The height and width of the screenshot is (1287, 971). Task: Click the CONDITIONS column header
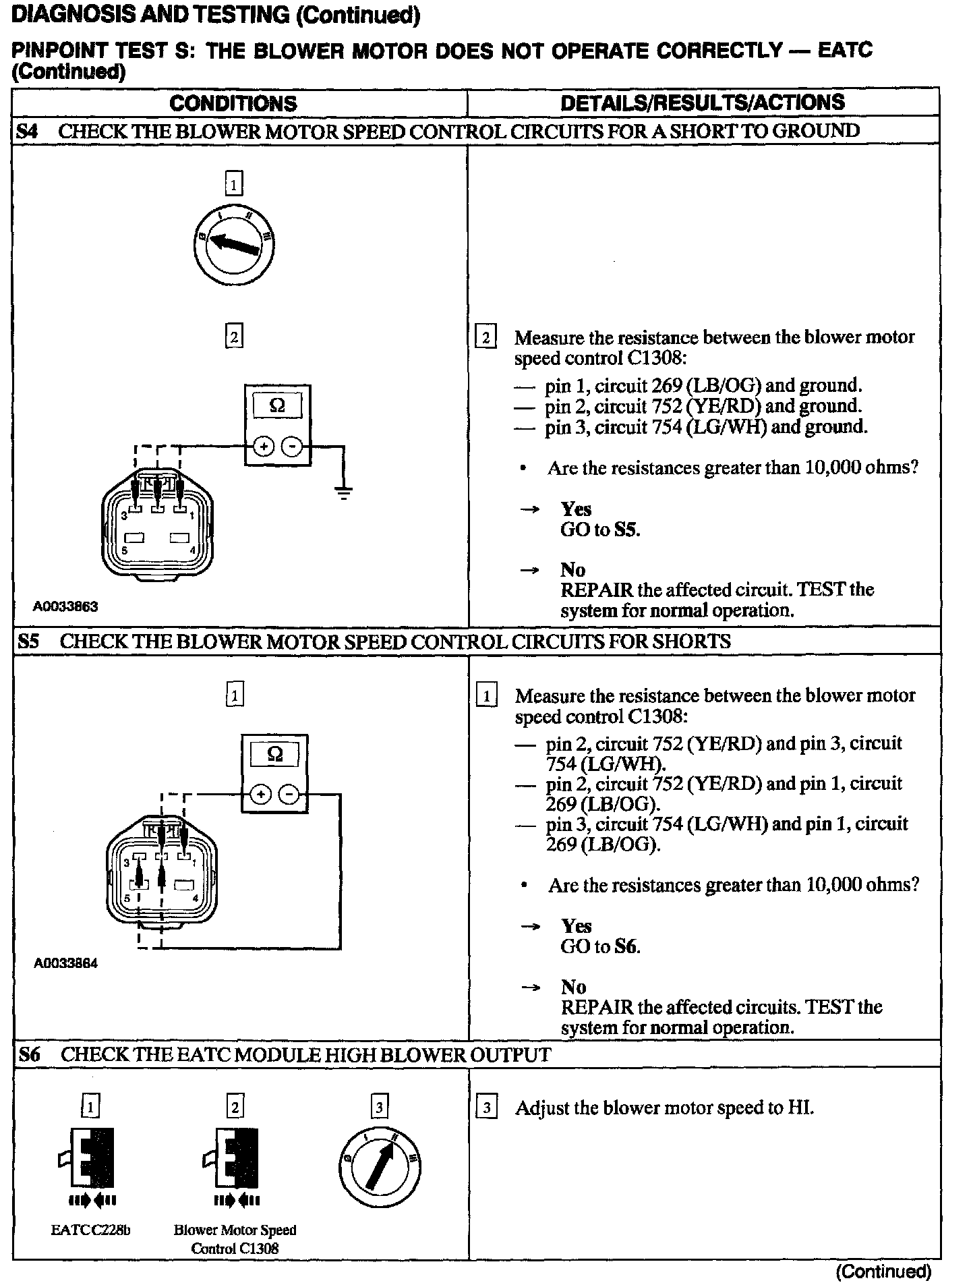tap(233, 103)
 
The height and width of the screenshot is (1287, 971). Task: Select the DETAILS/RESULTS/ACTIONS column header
tap(702, 103)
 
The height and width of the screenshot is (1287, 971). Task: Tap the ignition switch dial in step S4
tap(233, 244)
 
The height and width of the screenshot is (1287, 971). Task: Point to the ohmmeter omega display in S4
tap(277, 406)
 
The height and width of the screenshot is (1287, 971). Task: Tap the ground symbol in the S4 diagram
tap(344, 493)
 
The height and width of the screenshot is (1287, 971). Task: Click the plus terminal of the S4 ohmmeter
tap(263, 446)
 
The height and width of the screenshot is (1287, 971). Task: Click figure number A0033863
tap(65, 606)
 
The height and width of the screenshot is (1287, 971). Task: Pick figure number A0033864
tap(65, 963)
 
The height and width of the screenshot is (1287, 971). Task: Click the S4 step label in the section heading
tap(27, 132)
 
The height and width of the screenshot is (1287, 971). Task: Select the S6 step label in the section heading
tap(29, 1055)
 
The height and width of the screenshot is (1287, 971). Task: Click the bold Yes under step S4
tap(576, 509)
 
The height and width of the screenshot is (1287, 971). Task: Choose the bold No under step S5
tap(573, 987)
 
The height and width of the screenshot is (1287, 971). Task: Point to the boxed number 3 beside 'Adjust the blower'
tap(487, 1108)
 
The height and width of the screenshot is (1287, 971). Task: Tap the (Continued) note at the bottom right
tap(883, 1271)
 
